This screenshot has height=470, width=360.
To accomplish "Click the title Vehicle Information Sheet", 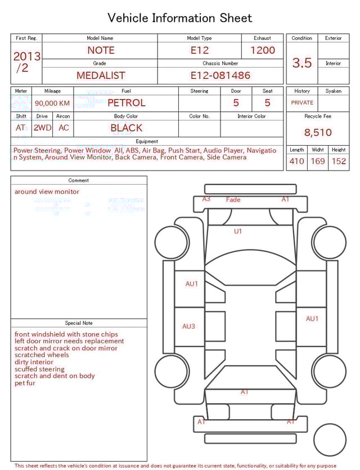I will (180, 18).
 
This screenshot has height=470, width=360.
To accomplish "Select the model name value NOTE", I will (101, 50).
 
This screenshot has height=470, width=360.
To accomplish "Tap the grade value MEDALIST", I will (101, 75).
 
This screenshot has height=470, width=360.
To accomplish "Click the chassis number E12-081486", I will (220, 75).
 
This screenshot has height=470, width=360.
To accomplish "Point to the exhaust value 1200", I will (263, 50).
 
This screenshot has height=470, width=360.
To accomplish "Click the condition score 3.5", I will (302, 63).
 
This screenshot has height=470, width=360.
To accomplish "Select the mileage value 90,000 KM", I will (52, 103).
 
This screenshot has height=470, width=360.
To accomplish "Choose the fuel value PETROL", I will (126, 103).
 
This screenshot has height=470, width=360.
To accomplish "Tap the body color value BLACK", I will (126, 128).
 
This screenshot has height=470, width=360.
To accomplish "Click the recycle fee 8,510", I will (318, 133).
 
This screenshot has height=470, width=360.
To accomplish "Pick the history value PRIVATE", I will (302, 103).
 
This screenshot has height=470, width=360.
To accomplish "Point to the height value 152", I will (339, 162).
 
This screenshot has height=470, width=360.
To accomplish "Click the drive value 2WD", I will (42, 128).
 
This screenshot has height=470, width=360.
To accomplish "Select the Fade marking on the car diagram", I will (233, 200).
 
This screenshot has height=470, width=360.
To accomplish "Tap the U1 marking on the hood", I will (238, 231).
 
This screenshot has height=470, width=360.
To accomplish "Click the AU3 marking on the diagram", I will (188, 326).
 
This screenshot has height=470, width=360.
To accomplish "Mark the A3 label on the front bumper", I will (206, 199).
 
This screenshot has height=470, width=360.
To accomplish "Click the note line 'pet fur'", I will (25, 383).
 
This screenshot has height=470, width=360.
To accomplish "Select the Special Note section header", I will (79, 323).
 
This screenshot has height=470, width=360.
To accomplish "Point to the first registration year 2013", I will (27, 56).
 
